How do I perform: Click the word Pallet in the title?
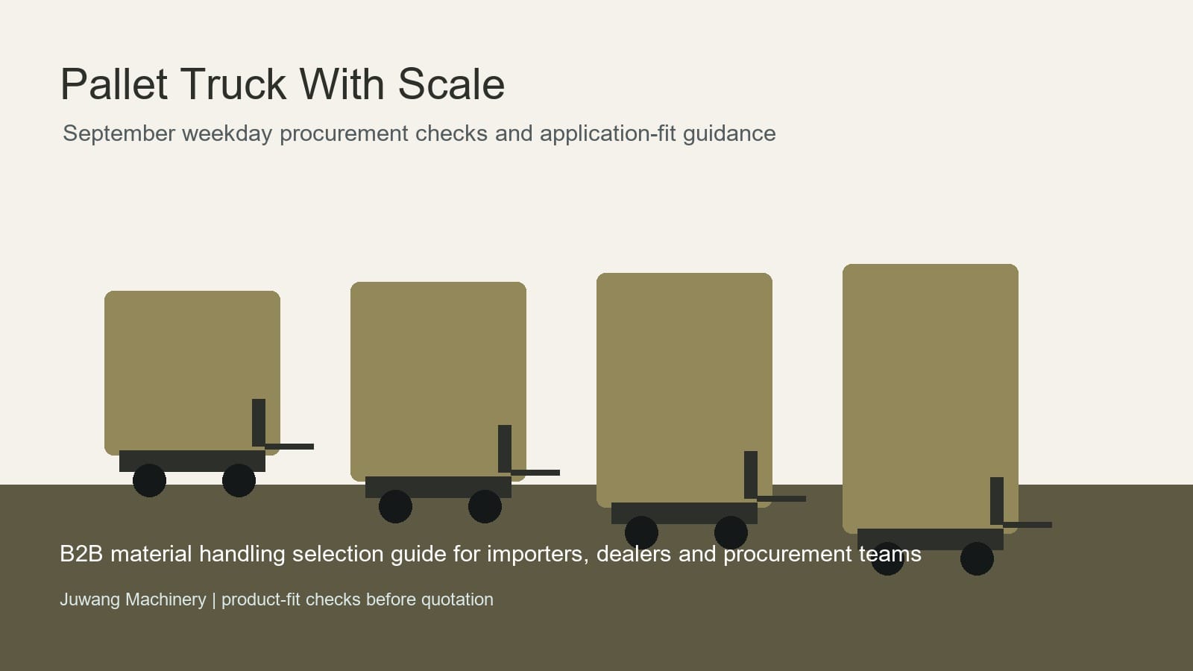114,84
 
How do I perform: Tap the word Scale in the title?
451,84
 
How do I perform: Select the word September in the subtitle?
119,133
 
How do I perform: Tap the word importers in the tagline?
538,555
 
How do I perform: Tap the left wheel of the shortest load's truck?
149,480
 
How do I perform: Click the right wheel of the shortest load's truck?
239,480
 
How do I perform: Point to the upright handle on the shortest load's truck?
259,423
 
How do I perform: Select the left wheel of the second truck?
395,506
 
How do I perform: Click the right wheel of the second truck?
485,506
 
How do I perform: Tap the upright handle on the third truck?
751,475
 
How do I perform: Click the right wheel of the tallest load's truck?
977,558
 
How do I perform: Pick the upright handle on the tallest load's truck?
997,501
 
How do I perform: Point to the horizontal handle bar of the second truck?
535,473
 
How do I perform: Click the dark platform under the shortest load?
192,461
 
